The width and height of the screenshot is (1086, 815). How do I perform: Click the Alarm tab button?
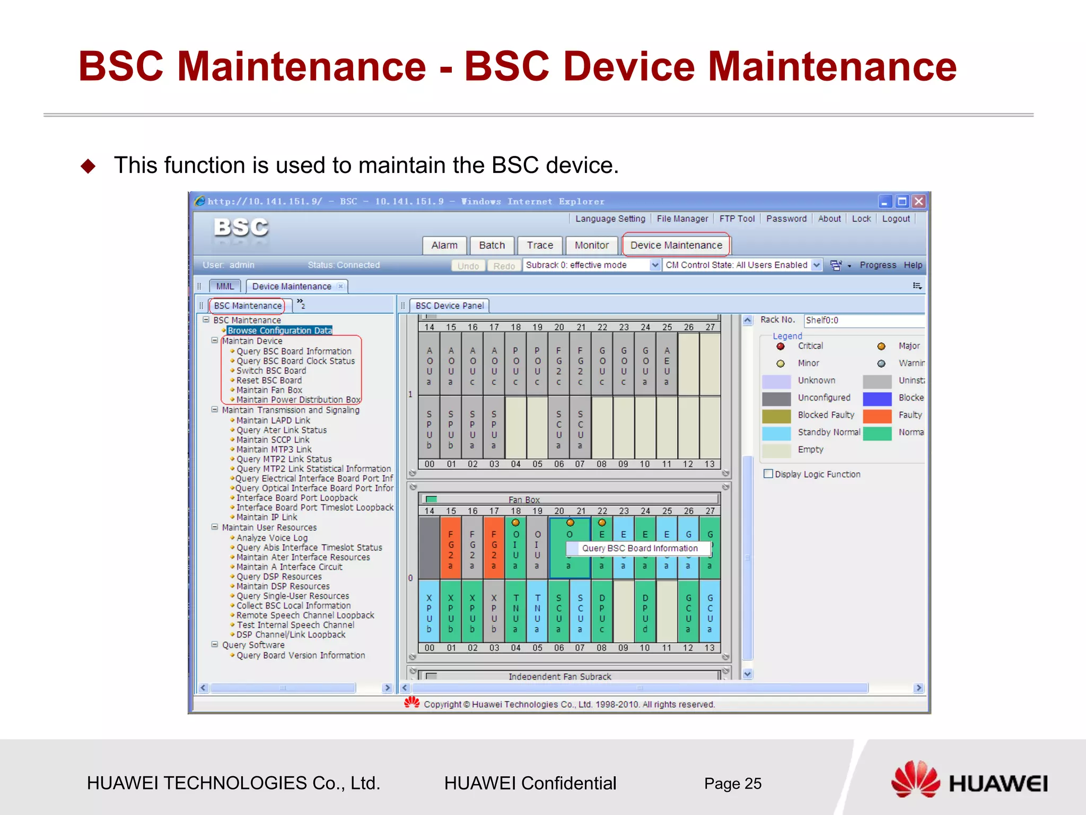pos(444,245)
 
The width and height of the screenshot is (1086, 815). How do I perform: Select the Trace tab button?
pos(540,245)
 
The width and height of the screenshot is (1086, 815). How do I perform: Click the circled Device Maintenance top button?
pos(676,245)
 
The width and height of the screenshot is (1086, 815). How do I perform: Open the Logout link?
pos(896,219)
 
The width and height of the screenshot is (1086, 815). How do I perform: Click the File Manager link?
pos(682,219)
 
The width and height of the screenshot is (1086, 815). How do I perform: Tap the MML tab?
pos(225,286)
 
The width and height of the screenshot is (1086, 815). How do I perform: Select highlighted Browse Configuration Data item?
pos(279,331)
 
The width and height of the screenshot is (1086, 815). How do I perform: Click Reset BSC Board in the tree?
pos(269,380)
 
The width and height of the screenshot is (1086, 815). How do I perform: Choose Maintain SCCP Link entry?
pos(273,440)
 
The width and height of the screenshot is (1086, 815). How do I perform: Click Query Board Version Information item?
pos(301,655)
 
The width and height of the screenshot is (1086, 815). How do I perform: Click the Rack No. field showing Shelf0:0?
pos(863,320)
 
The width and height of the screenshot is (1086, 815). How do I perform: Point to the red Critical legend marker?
pos(781,346)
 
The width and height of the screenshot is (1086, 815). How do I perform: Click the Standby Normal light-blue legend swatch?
pos(776,433)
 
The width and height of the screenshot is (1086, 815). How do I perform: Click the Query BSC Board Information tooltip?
pos(640,548)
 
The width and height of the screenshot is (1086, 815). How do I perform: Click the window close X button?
pos(919,202)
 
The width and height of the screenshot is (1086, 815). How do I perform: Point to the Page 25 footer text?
pos(732,784)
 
